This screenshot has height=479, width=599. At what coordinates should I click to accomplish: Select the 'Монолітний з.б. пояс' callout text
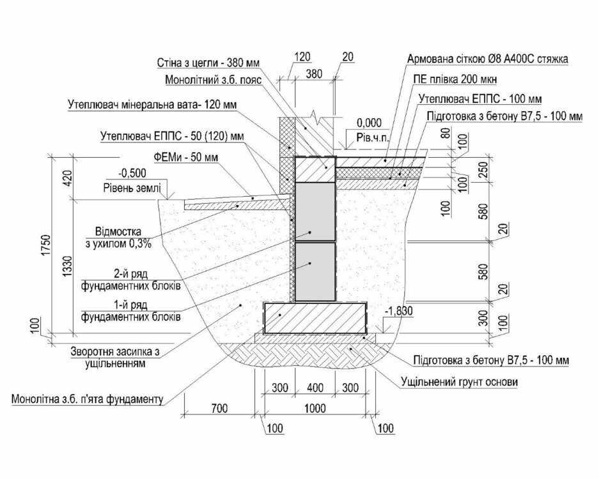(213, 80)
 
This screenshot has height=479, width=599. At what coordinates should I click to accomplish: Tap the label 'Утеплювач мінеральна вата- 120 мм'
(152, 104)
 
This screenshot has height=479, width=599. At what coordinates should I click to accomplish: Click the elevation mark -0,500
(132, 173)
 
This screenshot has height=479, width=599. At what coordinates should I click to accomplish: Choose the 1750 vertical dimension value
(46, 245)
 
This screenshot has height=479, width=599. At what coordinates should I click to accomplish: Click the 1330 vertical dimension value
(67, 266)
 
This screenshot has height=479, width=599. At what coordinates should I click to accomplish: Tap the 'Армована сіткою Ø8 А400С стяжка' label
(488, 59)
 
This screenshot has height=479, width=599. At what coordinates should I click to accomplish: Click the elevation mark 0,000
(369, 123)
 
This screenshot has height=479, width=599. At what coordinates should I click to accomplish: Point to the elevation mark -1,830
(399, 312)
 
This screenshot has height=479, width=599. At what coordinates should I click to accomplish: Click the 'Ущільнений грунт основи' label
(459, 382)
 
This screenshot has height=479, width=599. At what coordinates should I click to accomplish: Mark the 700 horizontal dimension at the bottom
(219, 408)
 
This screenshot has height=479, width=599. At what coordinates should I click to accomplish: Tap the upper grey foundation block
(315, 212)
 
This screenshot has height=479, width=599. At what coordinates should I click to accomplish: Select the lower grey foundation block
(315, 271)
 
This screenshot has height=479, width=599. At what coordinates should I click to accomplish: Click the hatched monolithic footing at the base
(315, 318)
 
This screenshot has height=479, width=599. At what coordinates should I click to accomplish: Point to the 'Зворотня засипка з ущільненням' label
(114, 357)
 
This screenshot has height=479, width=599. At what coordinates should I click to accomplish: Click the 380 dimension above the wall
(315, 73)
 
